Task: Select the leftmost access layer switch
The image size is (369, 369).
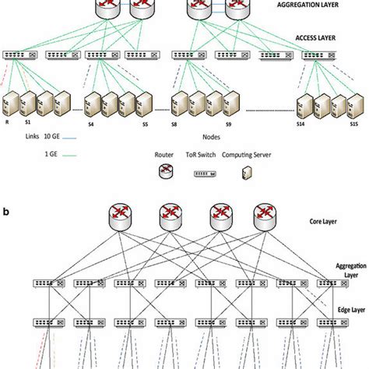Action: point(16,56)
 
